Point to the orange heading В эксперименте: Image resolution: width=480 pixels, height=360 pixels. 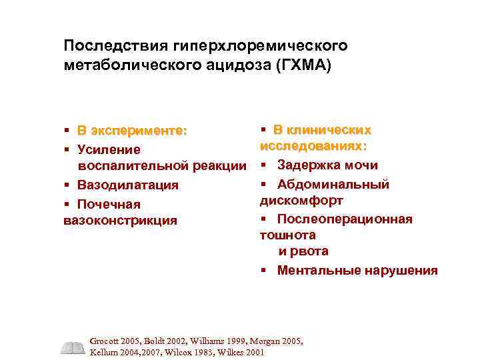[x=132, y=131]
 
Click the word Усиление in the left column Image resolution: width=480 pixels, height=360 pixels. [x=109, y=149]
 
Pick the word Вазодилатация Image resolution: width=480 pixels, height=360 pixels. [x=127, y=185]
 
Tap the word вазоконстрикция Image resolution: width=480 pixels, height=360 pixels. [x=121, y=220]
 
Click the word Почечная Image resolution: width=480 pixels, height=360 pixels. [x=109, y=203]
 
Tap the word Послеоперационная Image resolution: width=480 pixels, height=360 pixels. [x=345, y=219]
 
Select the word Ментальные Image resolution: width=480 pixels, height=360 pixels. [x=315, y=270]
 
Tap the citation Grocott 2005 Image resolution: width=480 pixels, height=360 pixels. [x=115, y=341]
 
